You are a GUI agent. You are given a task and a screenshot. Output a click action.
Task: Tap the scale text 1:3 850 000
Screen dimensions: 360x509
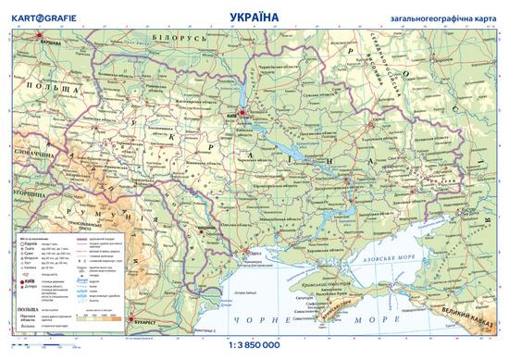[254, 349]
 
